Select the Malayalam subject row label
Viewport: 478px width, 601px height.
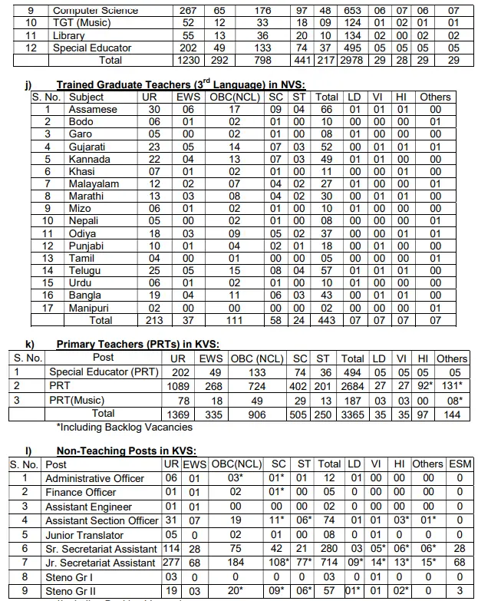coord(94,184)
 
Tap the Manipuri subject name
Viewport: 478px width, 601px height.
coord(91,307)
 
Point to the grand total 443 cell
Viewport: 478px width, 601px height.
coord(327,320)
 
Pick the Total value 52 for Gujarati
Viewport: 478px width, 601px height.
coord(327,147)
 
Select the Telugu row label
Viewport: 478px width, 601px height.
coord(86,270)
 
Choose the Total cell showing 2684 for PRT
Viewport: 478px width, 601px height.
coord(352,385)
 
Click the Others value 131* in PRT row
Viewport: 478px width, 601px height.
coord(451,385)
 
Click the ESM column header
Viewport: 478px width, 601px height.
coord(460,464)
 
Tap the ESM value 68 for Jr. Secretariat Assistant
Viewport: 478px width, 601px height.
coord(460,563)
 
